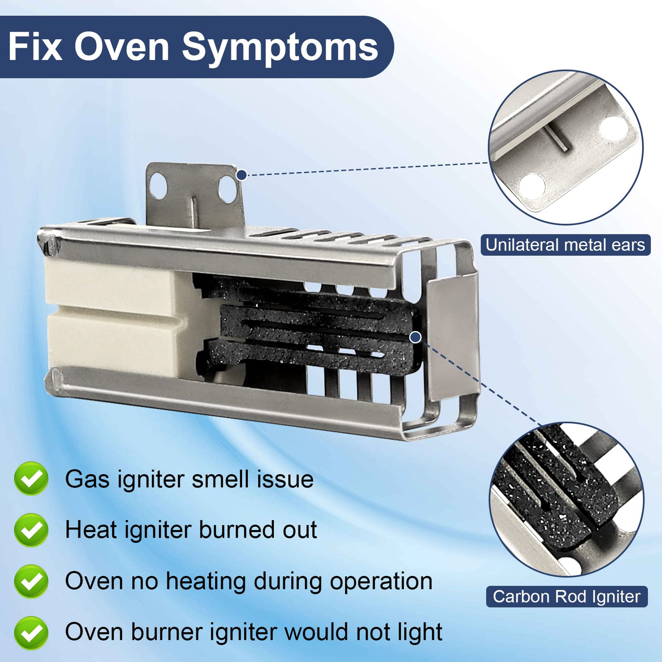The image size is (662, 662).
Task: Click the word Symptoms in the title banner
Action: coord(280,47)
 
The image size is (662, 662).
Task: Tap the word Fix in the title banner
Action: coord(35,46)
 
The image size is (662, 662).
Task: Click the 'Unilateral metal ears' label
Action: coord(566,245)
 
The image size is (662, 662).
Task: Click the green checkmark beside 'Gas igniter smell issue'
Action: coord(31,478)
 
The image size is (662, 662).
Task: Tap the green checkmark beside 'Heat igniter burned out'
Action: coord(31,530)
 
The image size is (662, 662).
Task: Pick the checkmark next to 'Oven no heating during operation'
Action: coord(31,581)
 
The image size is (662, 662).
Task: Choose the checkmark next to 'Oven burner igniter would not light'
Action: coord(31,633)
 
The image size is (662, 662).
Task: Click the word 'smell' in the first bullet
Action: coord(226,479)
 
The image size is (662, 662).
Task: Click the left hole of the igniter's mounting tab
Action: coord(158,186)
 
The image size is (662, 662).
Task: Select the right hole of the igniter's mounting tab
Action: coord(227,189)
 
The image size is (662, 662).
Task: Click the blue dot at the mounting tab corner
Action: coord(242,175)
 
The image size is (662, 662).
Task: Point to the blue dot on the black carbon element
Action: coord(416,337)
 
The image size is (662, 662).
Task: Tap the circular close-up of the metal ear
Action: coord(566,148)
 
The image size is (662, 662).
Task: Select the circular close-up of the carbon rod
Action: coord(566,499)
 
